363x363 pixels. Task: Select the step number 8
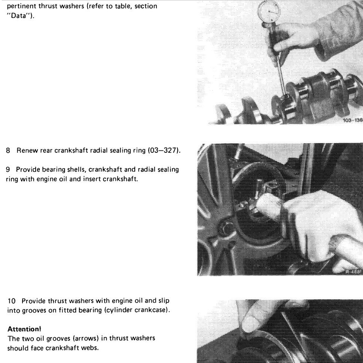click(x=8, y=151)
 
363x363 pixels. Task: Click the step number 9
click(x=8, y=169)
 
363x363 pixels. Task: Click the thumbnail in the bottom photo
click(x=251, y=321)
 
